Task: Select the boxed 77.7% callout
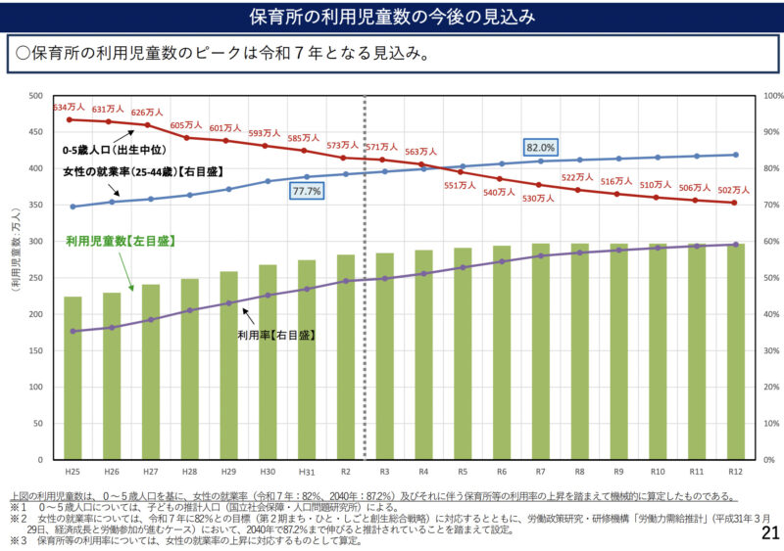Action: [306, 192]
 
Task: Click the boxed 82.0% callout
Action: [541, 148]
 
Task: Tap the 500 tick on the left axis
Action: [36, 96]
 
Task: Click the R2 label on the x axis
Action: [345, 472]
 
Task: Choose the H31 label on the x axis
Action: [306, 472]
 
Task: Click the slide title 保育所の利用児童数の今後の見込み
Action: [391, 17]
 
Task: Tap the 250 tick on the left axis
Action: [36, 278]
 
